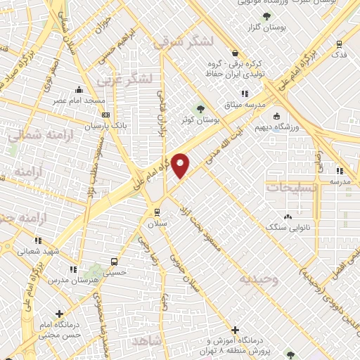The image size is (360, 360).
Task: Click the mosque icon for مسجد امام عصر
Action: [79, 89]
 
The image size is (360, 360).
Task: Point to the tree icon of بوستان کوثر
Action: [201, 109]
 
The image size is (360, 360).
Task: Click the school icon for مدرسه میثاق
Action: [245, 94]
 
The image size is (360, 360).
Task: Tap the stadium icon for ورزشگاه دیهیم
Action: [276, 116]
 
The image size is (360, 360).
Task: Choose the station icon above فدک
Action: [340, 43]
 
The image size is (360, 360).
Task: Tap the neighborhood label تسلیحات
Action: [291, 188]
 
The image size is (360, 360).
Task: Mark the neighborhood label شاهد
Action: [146, 340]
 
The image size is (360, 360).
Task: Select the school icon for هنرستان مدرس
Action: [73, 269]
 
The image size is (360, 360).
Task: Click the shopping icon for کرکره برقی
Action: [234, 53]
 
